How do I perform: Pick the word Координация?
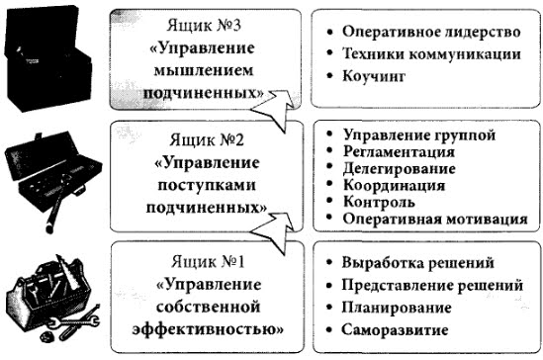click(x=394, y=186)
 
